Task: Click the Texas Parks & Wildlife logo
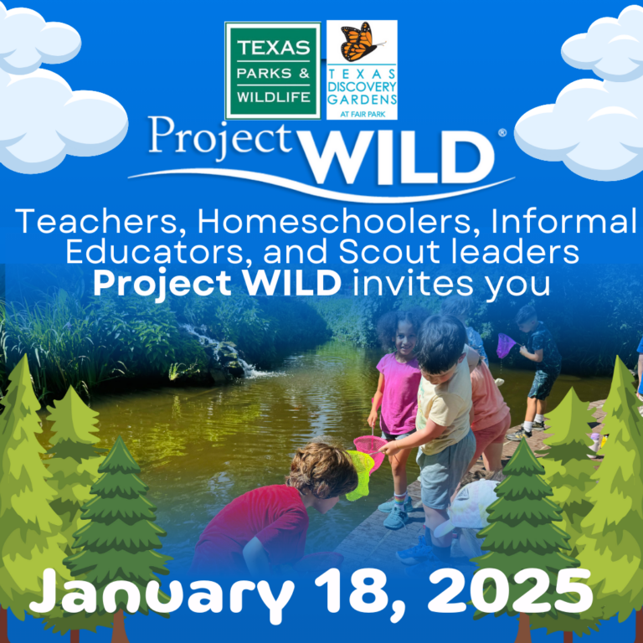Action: (x=273, y=70)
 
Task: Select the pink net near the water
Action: (x=369, y=450)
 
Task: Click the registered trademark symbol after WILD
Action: (x=502, y=132)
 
